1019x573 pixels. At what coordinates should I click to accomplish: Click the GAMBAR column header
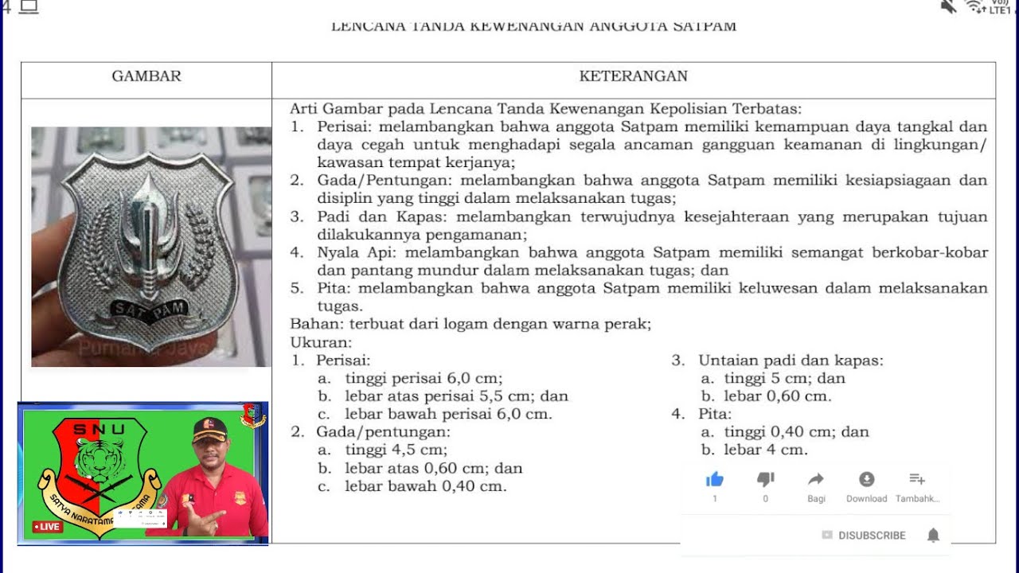pos(146,76)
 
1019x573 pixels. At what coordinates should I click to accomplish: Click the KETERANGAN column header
pos(633,76)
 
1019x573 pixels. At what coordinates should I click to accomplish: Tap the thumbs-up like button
pos(714,479)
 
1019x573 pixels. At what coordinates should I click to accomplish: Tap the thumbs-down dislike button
pos(765,479)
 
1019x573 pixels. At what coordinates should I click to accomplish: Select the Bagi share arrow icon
pos(816,479)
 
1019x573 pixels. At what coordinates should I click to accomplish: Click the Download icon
pos(866,479)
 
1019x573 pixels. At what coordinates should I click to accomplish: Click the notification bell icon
pos(933,536)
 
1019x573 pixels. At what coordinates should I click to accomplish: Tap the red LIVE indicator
pos(48,527)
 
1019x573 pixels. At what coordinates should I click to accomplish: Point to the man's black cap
pos(209,429)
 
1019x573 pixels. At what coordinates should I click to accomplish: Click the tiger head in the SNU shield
pos(99,459)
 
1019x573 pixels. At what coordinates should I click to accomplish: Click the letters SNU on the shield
pos(99,431)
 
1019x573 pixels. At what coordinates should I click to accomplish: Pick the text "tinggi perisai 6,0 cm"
pos(424,378)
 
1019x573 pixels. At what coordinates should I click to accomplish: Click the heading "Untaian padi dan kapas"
pos(790,361)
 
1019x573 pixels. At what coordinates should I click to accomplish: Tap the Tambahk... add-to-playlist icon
pos(916,479)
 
